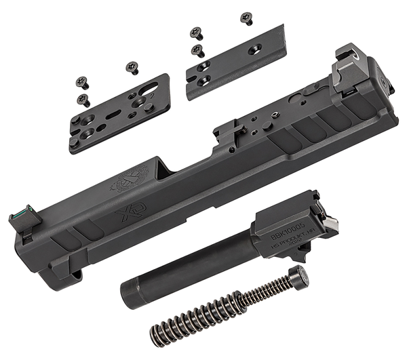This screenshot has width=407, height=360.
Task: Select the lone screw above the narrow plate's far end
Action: (x=245, y=18)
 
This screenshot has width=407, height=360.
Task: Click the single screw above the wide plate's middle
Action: (x=130, y=67)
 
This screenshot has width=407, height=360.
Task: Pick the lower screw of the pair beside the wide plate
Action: (x=82, y=98)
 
